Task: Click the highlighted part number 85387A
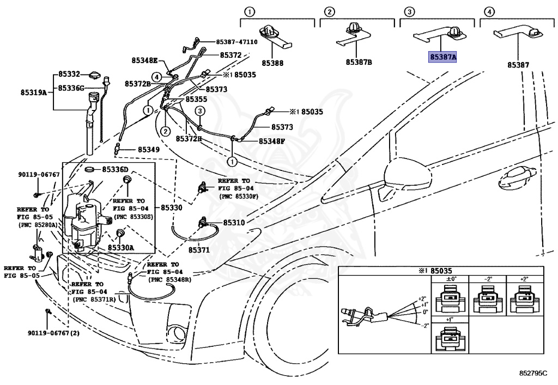coord(442,57)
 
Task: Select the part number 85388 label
coord(272,63)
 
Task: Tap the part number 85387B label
coord(359,63)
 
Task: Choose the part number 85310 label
coord(234,223)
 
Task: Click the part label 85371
coord(199,249)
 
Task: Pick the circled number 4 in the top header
coord(490,11)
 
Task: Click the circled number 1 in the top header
coord(248,11)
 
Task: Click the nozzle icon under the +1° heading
coord(450,340)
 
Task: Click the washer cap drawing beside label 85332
coord(96,74)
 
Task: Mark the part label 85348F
coord(271,141)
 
